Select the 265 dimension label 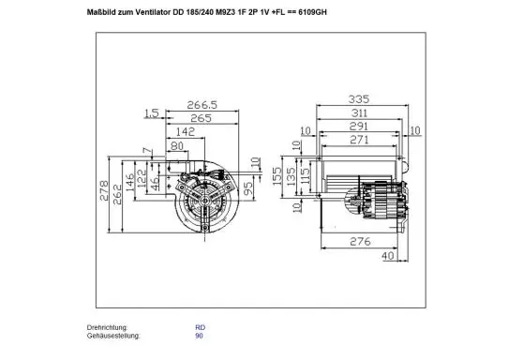(x=202, y=120)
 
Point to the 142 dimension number (x=183, y=134)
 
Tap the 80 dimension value (x=178, y=147)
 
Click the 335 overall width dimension (x=359, y=97)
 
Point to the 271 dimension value (x=359, y=140)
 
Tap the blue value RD (x=200, y=327)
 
